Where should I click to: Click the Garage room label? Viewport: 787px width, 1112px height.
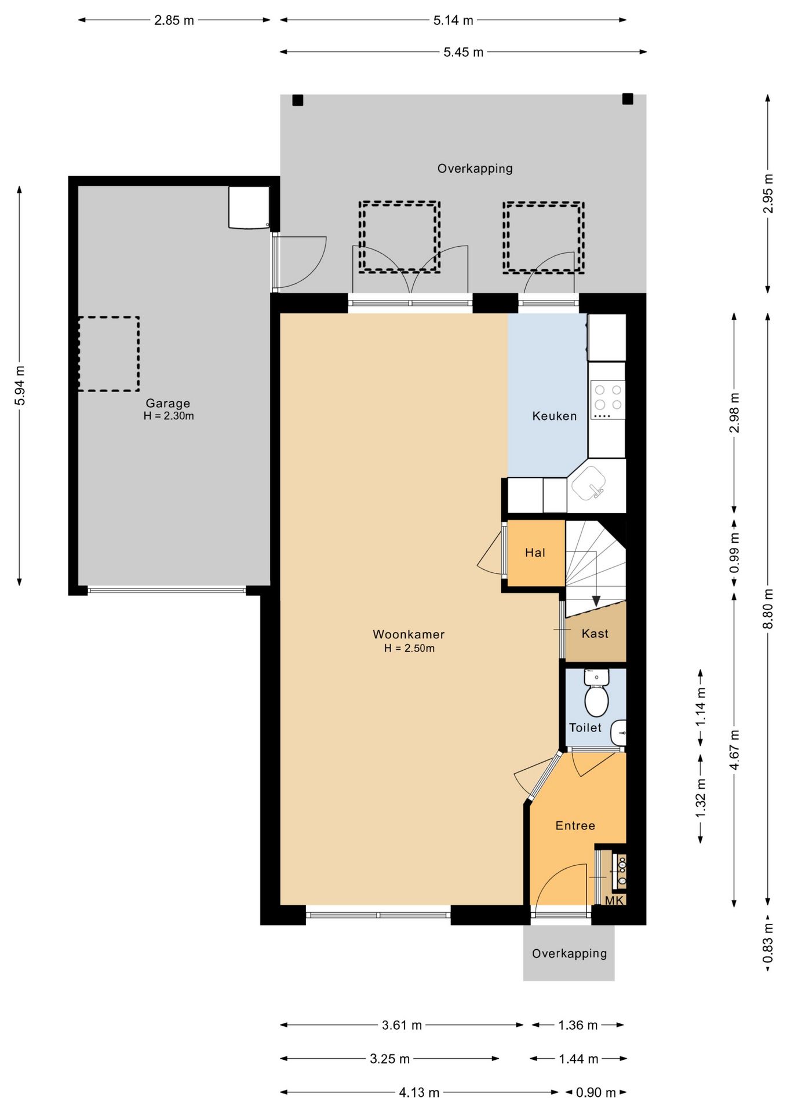point(167,403)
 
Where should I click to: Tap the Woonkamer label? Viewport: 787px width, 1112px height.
point(409,634)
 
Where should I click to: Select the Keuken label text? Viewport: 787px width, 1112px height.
point(555,416)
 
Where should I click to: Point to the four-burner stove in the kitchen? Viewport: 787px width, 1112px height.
point(608,400)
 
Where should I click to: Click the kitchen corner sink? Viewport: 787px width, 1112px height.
point(589,483)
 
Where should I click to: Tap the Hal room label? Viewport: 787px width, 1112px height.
point(535,553)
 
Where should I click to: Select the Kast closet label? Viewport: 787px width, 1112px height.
point(595,634)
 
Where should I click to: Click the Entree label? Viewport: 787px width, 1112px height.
point(575,825)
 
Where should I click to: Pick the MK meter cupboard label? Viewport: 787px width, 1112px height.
point(614,900)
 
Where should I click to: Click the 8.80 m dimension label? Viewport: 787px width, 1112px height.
point(768,609)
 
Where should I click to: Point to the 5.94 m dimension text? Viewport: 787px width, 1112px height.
point(20,386)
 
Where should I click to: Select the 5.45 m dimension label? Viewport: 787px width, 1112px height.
point(463,52)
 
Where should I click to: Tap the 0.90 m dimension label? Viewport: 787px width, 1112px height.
point(596,1092)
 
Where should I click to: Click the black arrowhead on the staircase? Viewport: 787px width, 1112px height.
point(596,601)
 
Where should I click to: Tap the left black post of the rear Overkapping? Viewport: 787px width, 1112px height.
point(297,100)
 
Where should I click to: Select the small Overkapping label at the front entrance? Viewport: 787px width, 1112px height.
point(569,953)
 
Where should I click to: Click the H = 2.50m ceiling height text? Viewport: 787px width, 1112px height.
point(409,648)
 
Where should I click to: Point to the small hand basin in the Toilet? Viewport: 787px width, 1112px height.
point(620,733)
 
